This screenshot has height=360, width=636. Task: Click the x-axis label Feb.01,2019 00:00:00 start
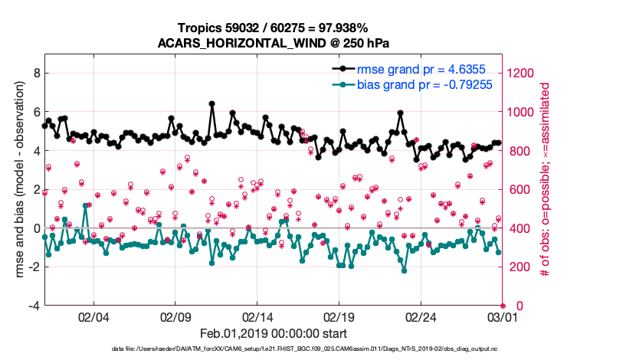coord(274,334)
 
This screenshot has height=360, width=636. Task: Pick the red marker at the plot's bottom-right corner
coord(503,306)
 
